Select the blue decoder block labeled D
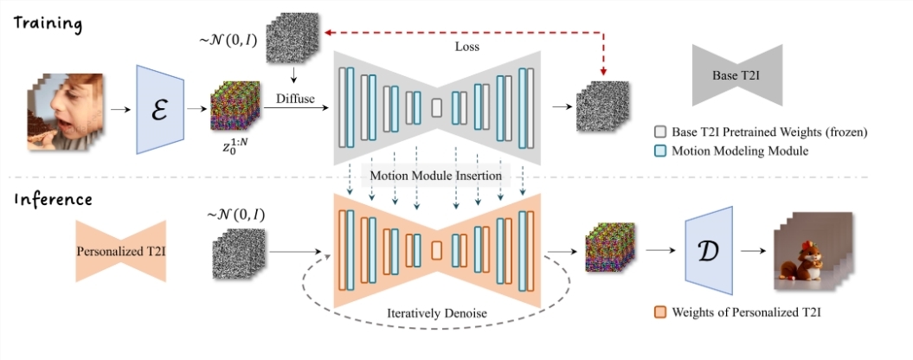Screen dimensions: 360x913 point(709,249)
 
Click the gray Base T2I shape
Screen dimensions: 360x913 point(736,76)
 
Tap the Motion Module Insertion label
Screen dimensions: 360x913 point(437,175)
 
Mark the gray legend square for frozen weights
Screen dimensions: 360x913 point(661,132)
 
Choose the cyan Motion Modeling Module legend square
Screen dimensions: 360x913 point(661,151)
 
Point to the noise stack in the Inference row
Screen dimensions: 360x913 point(234,252)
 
